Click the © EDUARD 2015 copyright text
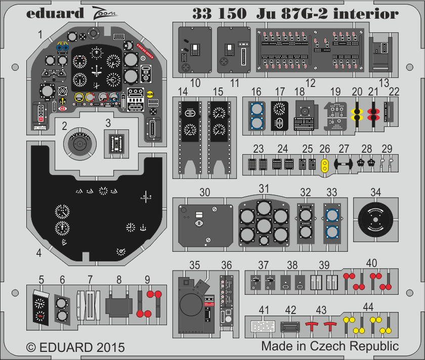[x=75, y=347]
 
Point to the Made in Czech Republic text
[x=330, y=346]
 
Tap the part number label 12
[x=310, y=82]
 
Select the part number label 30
[x=204, y=193]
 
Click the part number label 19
[x=335, y=92]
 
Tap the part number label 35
[x=194, y=264]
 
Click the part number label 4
[x=39, y=253]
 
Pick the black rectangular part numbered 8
[x=118, y=305]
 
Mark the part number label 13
[x=384, y=82]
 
